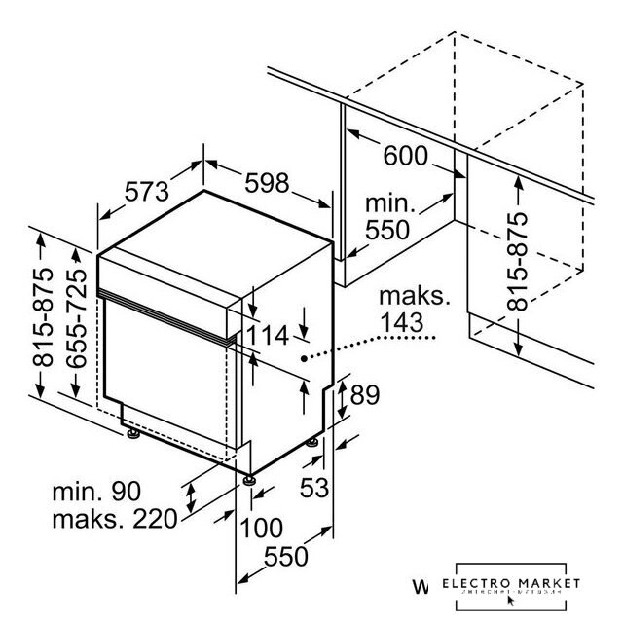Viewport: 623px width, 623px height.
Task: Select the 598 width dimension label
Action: [x=264, y=182]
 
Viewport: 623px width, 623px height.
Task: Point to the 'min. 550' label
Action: [x=389, y=218]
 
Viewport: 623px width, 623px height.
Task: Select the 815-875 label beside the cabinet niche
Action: [x=519, y=262]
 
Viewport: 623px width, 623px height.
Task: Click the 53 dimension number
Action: [x=314, y=485]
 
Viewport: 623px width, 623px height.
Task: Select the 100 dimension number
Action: [x=262, y=529]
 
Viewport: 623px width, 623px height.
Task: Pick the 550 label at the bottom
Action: [x=287, y=557]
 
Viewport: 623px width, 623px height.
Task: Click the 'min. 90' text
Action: [x=98, y=491]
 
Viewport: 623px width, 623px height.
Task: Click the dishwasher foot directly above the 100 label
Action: [x=250, y=478]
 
